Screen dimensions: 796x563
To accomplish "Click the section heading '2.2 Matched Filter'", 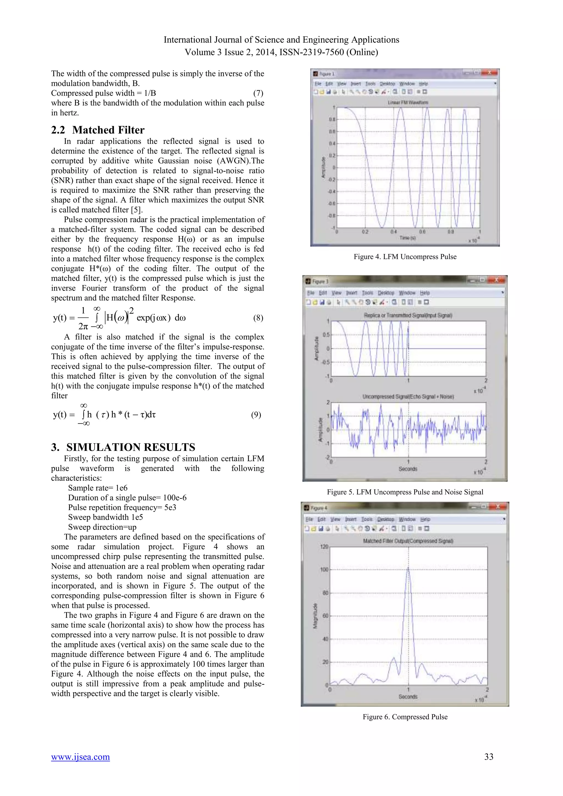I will [x=98, y=130].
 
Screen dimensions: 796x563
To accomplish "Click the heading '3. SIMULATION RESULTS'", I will [x=123, y=447].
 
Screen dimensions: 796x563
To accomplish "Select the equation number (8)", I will [x=258, y=318].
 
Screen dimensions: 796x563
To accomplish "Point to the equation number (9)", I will [x=256, y=415].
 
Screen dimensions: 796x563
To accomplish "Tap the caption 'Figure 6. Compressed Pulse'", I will [x=405, y=717].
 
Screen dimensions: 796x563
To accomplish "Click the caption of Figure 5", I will [x=405, y=492].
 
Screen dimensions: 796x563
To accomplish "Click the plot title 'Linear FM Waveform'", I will [x=408, y=103].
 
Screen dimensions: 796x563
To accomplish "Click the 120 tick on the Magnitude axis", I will [x=324, y=547].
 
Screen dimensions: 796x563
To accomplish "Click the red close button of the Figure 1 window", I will [x=490, y=73].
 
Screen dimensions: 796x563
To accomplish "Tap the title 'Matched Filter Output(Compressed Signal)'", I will [x=408, y=541].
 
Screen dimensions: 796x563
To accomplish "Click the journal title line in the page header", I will [x=281, y=40].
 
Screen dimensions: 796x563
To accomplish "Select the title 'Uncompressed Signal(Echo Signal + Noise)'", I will [x=408, y=397].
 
